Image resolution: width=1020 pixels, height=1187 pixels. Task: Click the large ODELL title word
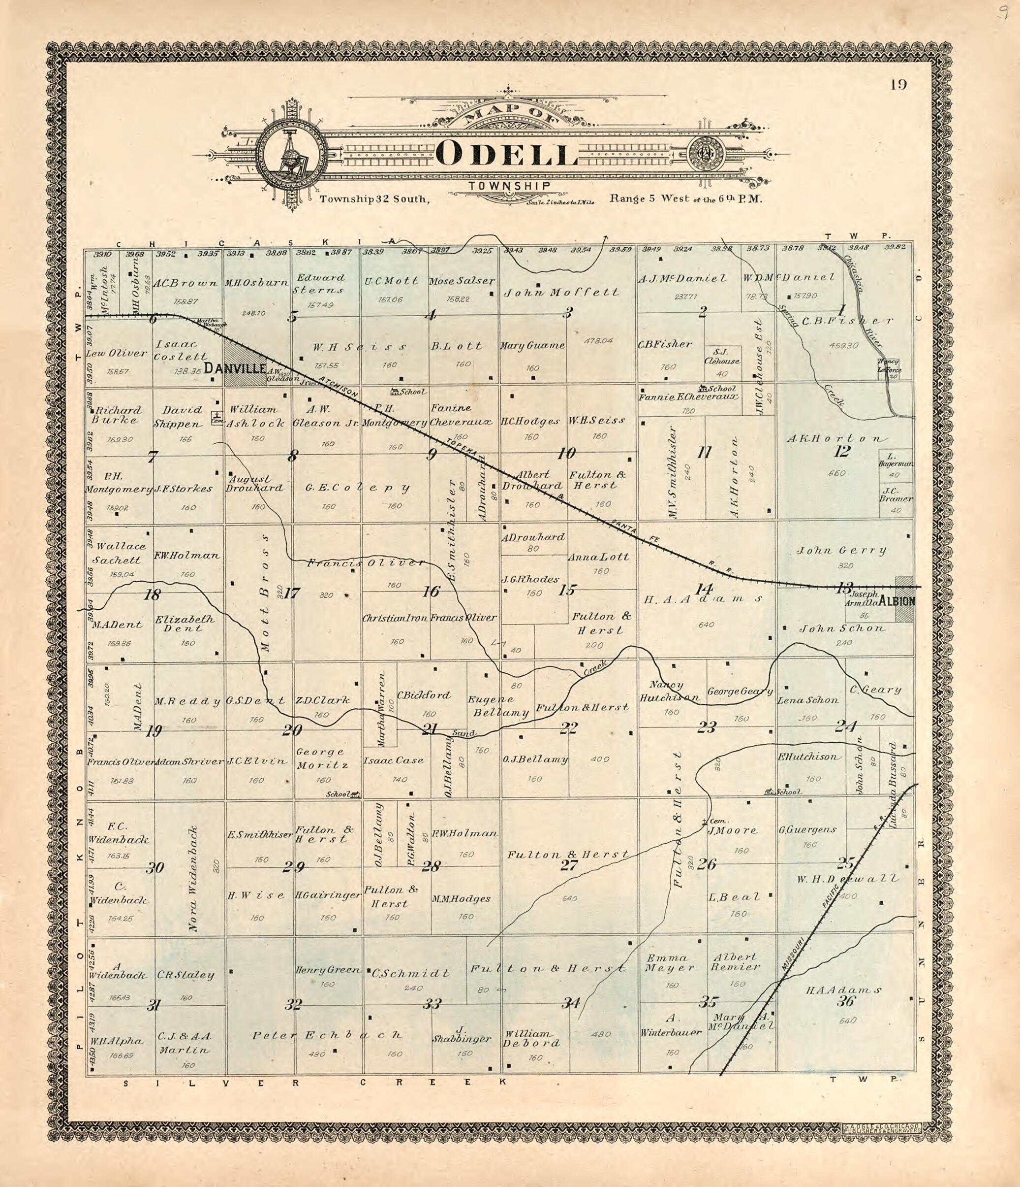506,154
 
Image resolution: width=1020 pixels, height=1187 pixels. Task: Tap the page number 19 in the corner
898,85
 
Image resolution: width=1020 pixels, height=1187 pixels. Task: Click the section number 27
568,865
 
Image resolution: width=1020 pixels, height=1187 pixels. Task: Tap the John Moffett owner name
561,293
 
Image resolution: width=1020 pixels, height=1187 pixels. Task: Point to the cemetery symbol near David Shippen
216,417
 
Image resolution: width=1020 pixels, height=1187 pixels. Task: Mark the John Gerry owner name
841,551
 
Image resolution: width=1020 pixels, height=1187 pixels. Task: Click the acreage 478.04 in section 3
599,340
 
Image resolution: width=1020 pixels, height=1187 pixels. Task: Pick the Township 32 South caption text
374,199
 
